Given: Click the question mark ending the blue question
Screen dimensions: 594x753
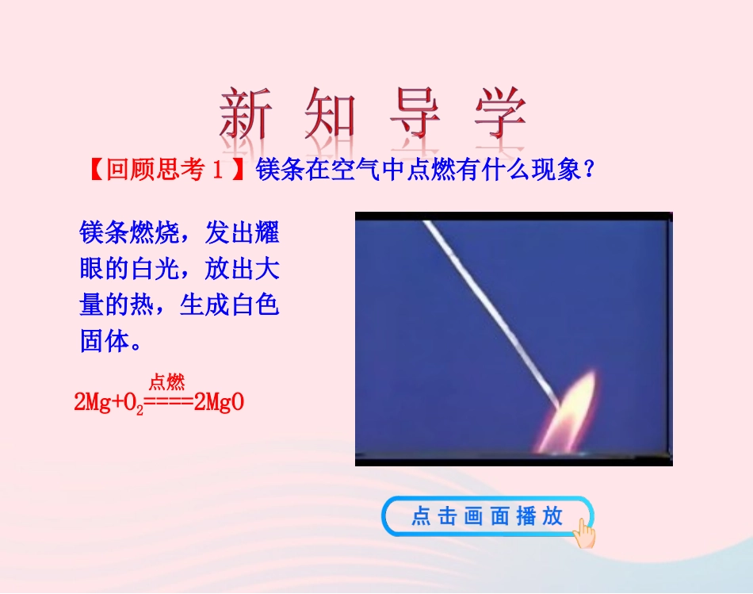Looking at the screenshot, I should [x=588, y=170].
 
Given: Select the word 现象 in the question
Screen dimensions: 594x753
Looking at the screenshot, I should [x=554, y=170].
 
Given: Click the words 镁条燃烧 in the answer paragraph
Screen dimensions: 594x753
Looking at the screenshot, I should [x=129, y=234].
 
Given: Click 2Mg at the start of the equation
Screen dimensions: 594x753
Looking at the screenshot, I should [x=93, y=403].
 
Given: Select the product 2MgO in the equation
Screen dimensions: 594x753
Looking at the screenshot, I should [x=218, y=403].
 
